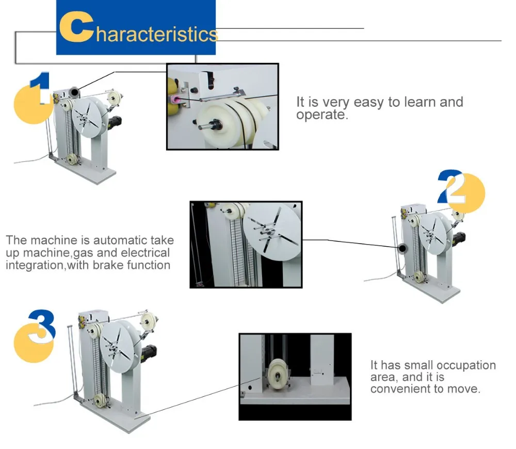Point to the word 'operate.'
click(322, 115)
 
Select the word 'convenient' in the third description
click(401, 389)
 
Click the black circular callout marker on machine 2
click(402, 249)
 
